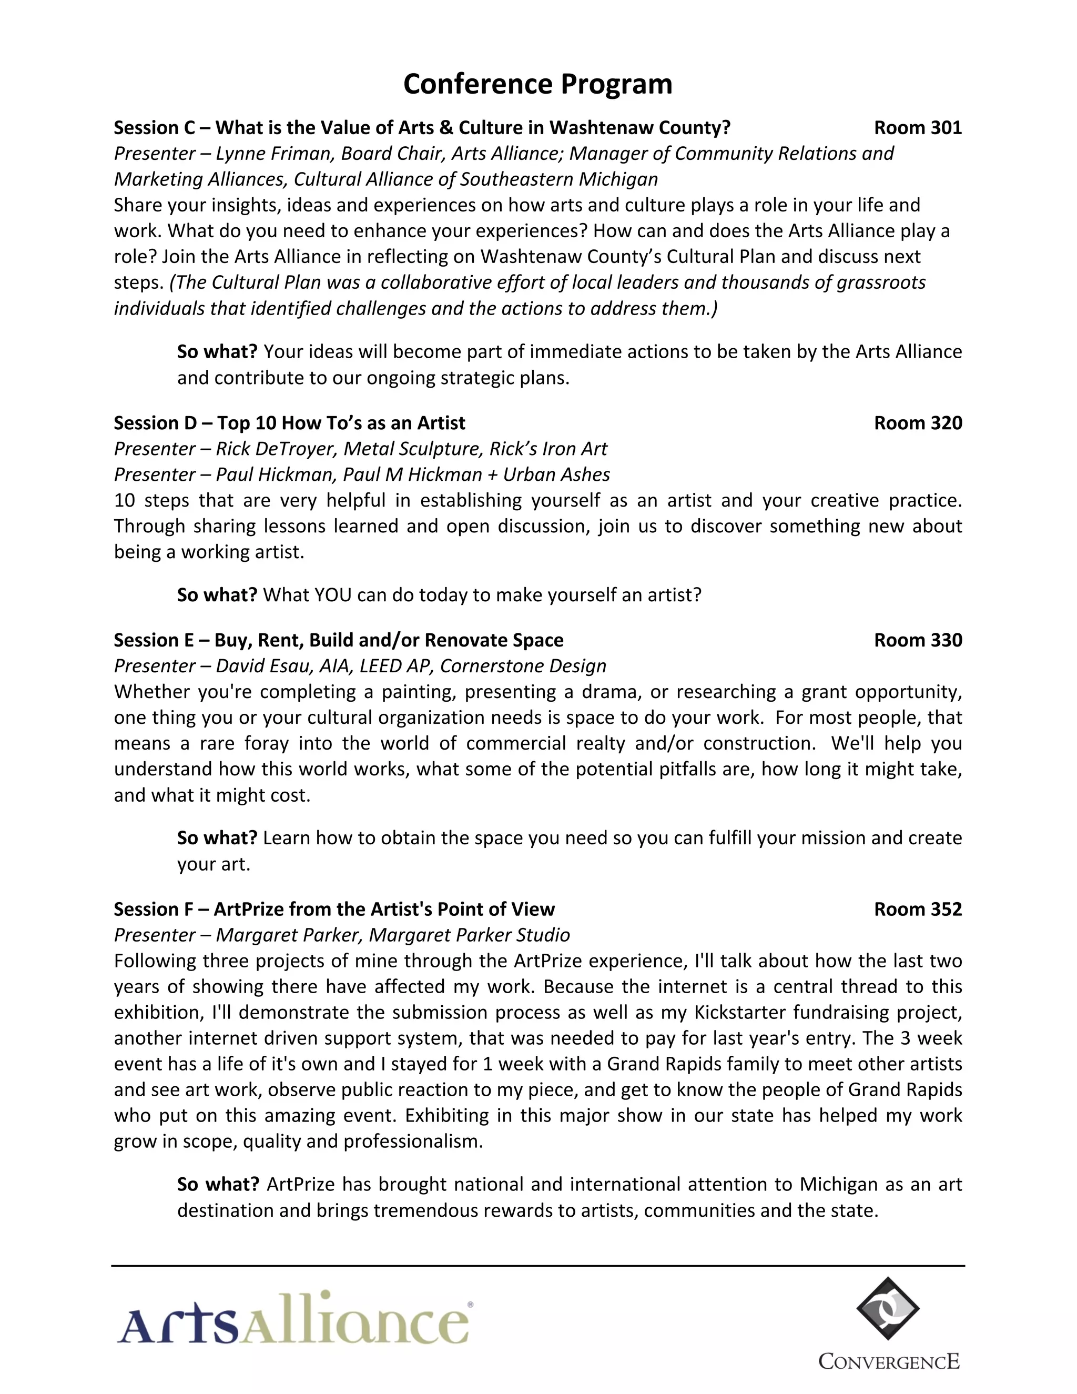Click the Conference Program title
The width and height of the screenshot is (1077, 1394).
[x=538, y=84]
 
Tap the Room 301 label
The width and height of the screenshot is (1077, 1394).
[x=918, y=128]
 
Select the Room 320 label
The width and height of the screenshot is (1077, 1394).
[x=918, y=422]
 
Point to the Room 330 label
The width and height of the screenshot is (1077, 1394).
[x=918, y=640]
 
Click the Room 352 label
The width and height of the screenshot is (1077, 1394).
[x=918, y=909]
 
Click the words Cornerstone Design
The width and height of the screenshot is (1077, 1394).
[x=523, y=666]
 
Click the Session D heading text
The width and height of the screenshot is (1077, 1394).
[x=289, y=422]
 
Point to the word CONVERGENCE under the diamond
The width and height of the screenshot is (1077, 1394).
[x=889, y=1361]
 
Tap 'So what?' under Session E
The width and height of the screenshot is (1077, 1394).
[x=217, y=837]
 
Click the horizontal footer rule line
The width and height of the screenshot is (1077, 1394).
[x=538, y=1266]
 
